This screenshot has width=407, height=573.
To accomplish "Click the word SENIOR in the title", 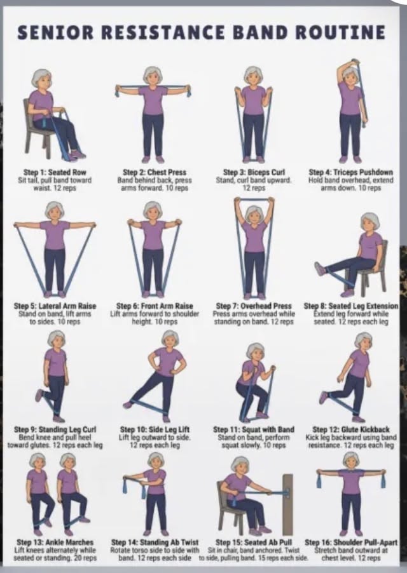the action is point(55,32).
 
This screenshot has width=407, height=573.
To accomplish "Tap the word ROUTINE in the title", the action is point(340,32).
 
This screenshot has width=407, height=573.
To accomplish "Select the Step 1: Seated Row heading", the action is point(55,172).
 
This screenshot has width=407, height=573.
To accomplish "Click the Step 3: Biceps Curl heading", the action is point(254,172).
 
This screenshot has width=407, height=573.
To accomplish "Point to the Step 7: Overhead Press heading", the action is point(254,306).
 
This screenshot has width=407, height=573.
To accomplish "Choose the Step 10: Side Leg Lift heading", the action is point(155,429).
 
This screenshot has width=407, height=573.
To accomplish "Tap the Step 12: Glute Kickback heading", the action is point(351,429).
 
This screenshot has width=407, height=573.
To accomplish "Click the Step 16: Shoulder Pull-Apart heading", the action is point(351,543).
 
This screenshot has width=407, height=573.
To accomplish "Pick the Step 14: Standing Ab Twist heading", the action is point(155,543).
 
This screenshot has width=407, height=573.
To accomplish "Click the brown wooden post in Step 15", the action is point(288,504).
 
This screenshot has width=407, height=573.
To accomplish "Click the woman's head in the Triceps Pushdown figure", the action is point(350,76).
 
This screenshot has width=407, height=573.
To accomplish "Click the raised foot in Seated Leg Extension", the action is point(320,269).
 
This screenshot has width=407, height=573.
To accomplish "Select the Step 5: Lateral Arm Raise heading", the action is point(55,306).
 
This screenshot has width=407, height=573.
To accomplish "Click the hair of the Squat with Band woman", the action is point(254,350).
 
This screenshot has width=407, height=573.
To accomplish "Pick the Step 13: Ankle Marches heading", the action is point(55,543).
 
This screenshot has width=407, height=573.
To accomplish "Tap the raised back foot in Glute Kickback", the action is point(323,397).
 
